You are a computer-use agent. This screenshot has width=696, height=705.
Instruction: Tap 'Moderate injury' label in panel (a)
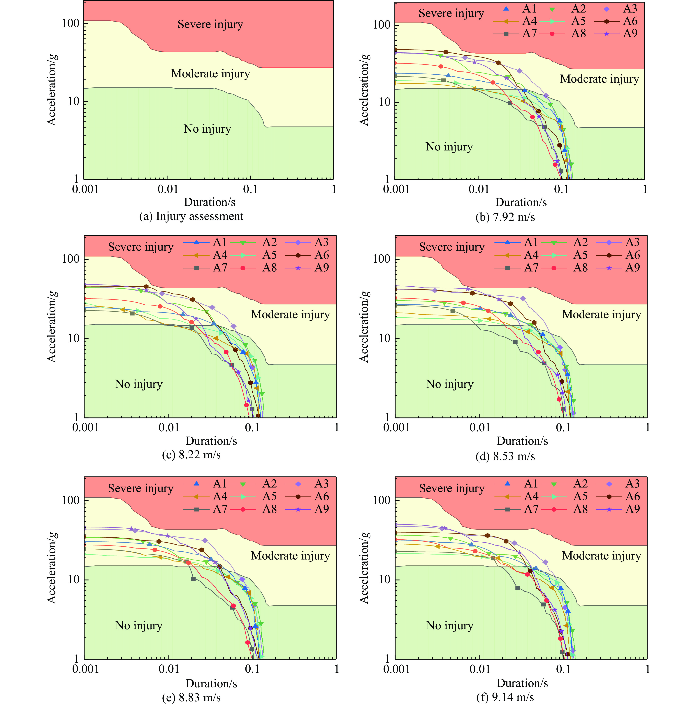click(210, 74)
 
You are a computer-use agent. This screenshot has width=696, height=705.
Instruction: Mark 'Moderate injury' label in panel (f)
click(601, 556)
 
